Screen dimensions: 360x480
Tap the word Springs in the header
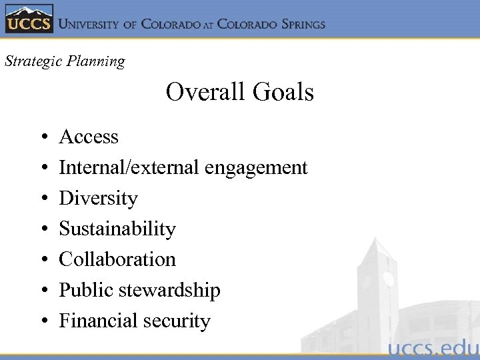(x=295, y=24)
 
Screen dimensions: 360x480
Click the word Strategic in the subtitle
(x=31, y=61)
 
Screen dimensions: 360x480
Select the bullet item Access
(x=89, y=137)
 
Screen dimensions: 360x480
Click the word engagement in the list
(x=256, y=168)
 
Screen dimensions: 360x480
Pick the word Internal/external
(x=129, y=167)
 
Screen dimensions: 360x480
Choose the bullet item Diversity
(x=98, y=198)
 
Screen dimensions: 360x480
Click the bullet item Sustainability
(x=117, y=229)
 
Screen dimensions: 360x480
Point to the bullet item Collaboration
(x=117, y=259)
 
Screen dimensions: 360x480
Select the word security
(x=176, y=321)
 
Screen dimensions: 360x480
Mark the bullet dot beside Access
(x=43, y=138)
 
